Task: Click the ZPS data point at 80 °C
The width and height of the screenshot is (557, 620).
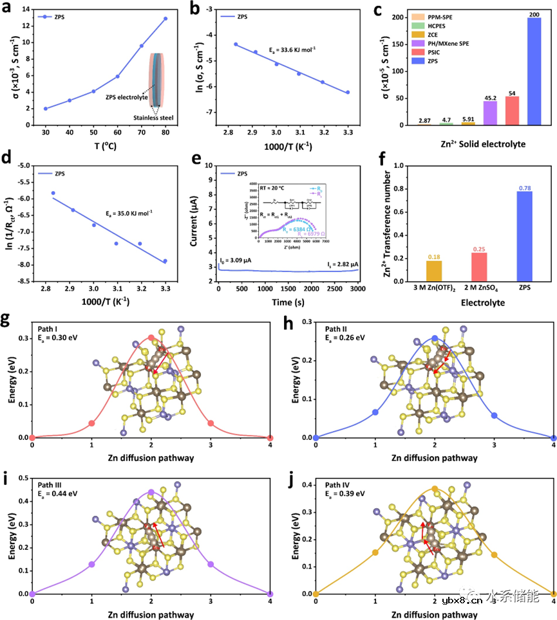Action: click(x=165, y=19)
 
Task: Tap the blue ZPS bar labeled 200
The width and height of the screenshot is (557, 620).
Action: click(x=534, y=71)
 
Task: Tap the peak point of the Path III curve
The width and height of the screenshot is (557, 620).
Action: click(x=151, y=492)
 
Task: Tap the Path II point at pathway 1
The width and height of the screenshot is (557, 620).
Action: click(x=375, y=412)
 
